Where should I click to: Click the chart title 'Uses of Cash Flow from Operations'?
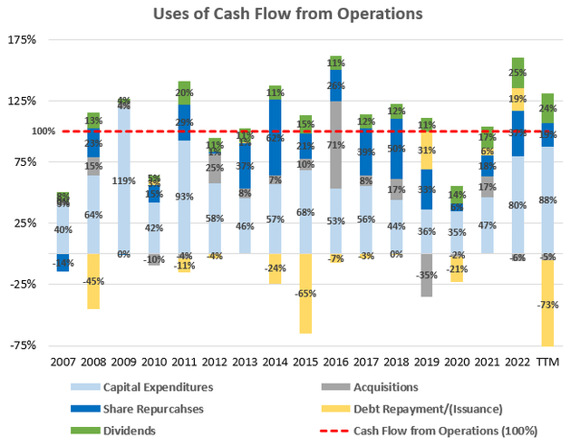pos(289,14)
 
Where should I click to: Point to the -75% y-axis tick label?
pos(23,345)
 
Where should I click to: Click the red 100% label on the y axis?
pos(19,131)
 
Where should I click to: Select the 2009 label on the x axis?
pos(123,362)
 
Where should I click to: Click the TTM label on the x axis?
pos(547,362)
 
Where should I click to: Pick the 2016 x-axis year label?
pos(335,362)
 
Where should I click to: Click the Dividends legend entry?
pos(127,430)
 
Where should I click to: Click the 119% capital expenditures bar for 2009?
pos(123,180)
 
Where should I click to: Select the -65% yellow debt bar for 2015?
pos(305,293)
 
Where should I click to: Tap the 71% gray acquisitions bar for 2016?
pos(335,145)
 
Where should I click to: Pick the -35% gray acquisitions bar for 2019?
pos(426,275)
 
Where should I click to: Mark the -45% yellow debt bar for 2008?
pos(93,281)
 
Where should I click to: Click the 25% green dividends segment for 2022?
pos(517,73)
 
